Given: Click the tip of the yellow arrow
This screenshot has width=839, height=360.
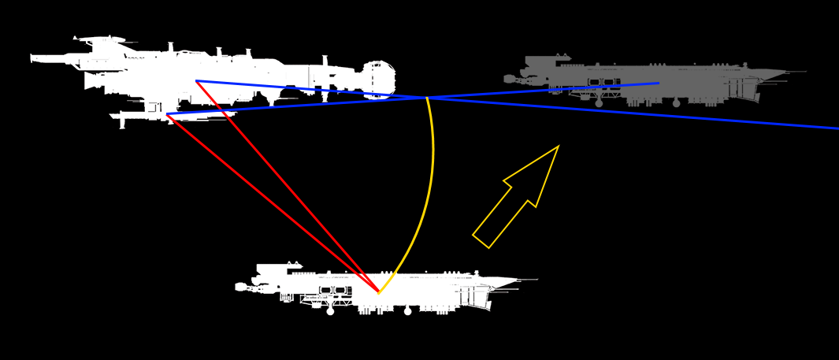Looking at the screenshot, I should pos(558,147).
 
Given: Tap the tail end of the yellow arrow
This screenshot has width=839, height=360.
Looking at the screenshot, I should pos(481,241).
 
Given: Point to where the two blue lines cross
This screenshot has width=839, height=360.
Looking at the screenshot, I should pos(427,98).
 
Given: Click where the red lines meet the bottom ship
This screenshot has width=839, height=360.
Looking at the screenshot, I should pos(378,292).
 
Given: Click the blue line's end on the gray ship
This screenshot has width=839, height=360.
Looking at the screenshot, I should pos(659,83).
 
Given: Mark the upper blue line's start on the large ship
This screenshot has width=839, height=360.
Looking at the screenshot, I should pos(196,81).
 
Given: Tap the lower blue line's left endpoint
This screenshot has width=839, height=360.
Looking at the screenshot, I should pos(167,114).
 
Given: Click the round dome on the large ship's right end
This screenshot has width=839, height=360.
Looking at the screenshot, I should pos(379,79).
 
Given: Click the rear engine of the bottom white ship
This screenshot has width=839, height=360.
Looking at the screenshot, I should pos(240,287).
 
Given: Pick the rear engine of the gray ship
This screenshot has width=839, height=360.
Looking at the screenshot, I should pos(509,79).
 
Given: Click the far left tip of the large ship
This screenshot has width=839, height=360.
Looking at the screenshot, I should pos(32,58).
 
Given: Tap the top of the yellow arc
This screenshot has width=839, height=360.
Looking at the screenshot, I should pos(427,99).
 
